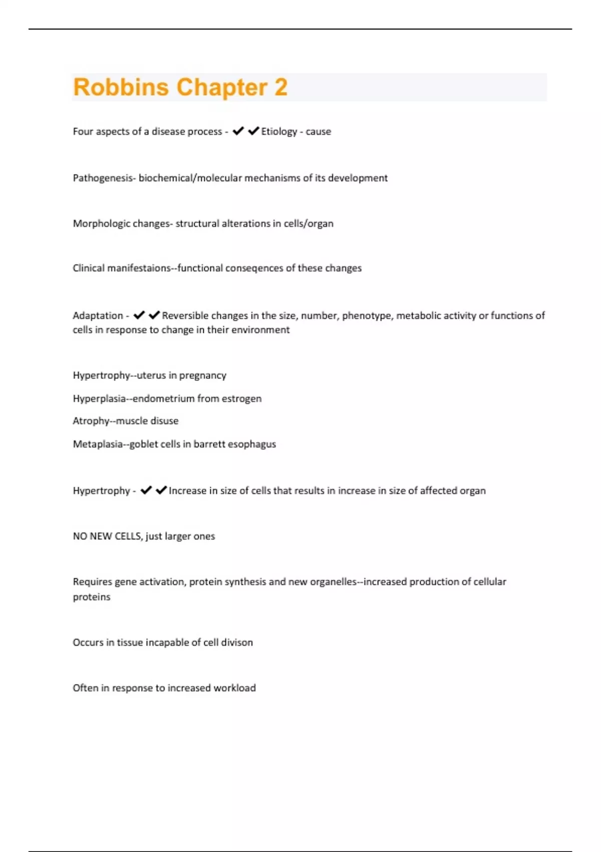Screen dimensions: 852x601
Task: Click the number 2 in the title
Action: click(x=280, y=87)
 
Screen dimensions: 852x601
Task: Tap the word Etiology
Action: click(x=279, y=131)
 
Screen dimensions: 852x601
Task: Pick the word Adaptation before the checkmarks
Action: click(x=98, y=316)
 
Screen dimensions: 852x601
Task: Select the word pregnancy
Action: click(x=203, y=376)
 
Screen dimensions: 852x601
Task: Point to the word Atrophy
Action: click(x=91, y=421)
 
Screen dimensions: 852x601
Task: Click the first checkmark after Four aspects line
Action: click(x=238, y=131)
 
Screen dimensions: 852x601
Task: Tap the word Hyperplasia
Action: click(x=99, y=399)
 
